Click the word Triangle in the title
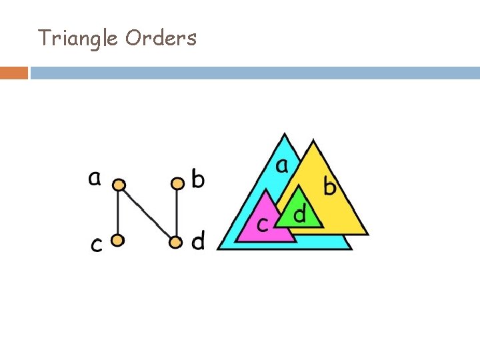click(x=78, y=38)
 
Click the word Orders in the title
click(x=161, y=38)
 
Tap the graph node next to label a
click(x=119, y=184)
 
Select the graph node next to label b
click(x=177, y=183)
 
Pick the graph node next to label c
click(x=117, y=240)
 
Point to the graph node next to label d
click(x=175, y=242)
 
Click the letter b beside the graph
click(x=198, y=179)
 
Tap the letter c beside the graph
click(x=97, y=245)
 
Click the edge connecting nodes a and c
click(x=118, y=212)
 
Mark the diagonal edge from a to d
click(x=147, y=213)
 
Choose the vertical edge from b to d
click(x=176, y=212)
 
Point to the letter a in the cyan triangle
click(x=283, y=165)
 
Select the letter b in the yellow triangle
click(x=329, y=186)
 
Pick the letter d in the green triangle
click(x=301, y=214)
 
